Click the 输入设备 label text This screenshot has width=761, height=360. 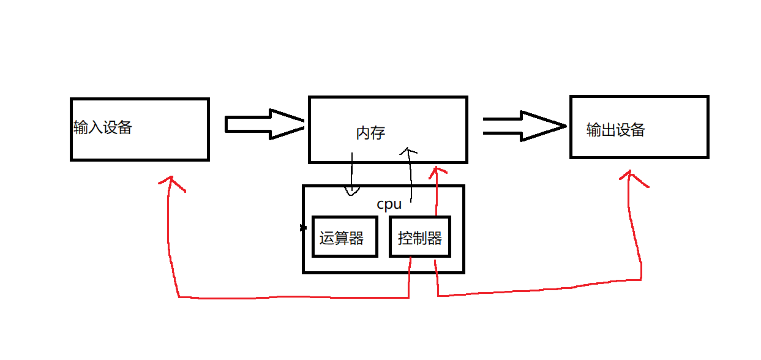coord(103,128)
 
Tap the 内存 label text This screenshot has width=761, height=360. coord(370,132)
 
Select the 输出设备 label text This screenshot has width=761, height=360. coord(615,130)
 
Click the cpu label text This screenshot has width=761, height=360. coord(389,204)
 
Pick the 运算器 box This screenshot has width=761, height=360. coord(344,236)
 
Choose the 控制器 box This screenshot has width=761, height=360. coord(420,236)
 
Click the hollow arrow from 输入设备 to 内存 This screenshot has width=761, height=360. coord(264,124)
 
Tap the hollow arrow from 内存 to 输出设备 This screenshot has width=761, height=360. coord(523,126)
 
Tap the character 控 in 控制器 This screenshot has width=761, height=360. coord(405,238)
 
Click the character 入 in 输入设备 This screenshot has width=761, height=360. coord(96,128)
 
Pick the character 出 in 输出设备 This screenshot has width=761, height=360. coord(608,130)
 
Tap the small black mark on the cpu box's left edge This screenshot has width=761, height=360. coord(303,228)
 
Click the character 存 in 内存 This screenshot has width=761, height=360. coord(378,132)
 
